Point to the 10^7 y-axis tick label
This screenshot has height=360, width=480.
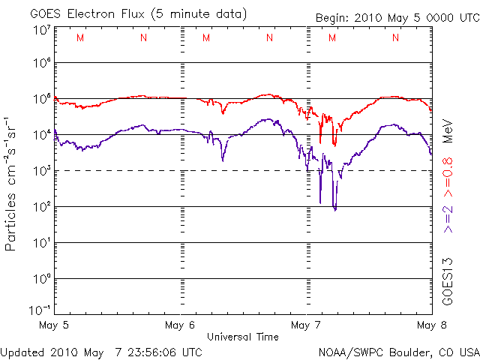(x=40, y=30)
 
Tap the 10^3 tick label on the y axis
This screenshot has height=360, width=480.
(x=40, y=170)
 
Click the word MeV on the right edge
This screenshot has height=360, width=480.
(x=448, y=129)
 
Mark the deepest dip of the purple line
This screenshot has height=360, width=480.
(x=335, y=209)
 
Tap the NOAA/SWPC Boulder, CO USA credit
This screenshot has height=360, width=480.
(x=398, y=351)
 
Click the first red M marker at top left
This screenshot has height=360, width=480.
(x=80, y=37)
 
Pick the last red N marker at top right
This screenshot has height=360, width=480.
(x=395, y=37)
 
